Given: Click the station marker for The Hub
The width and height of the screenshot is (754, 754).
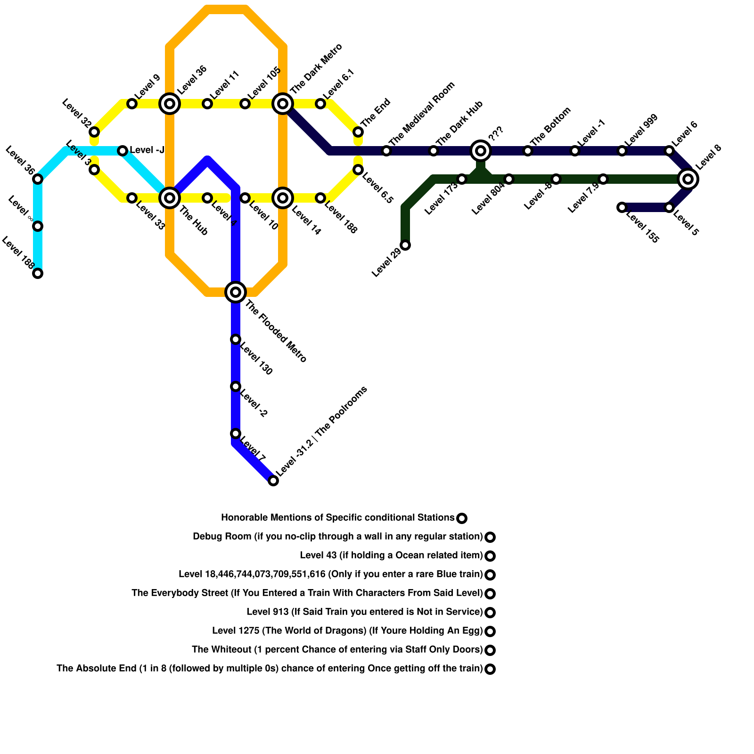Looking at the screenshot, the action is (x=170, y=197).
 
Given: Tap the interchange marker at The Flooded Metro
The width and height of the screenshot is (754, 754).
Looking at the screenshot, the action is (x=236, y=292).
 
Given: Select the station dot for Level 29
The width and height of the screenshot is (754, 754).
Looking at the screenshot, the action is (x=405, y=245).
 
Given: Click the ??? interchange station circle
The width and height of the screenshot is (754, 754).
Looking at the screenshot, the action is (x=481, y=151).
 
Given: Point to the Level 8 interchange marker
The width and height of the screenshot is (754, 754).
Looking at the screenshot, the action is (x=688, y=179).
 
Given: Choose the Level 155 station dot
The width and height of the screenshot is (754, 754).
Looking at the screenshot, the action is (x=622, y=207).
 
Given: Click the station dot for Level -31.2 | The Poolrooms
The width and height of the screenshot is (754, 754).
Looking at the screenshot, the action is (x=273, y=481).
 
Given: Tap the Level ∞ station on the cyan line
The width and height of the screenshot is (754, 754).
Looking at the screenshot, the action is (x=38, y=226).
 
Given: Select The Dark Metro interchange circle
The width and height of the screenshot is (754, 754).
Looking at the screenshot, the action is (x=283, y=103).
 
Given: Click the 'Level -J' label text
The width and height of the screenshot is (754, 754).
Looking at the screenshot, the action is (x=147, y=150).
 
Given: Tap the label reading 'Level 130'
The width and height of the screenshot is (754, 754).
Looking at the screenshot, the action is (x=256, y=361).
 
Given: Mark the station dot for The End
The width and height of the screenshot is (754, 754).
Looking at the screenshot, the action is (x=358, y=132).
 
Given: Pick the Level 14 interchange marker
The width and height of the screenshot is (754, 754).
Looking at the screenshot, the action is (x=283, y=198).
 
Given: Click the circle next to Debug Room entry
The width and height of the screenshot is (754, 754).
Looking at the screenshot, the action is (x=490, y=537).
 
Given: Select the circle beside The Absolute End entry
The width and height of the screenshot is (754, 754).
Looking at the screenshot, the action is (x=490, y=669).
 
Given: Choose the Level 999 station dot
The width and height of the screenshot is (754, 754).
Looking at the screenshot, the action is (x=622, y=151).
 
